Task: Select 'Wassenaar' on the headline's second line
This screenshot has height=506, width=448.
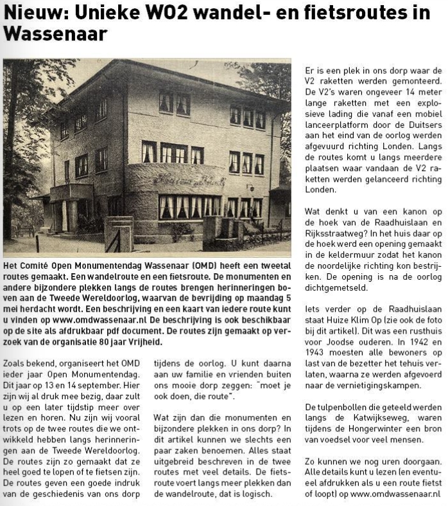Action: (55, 33)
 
